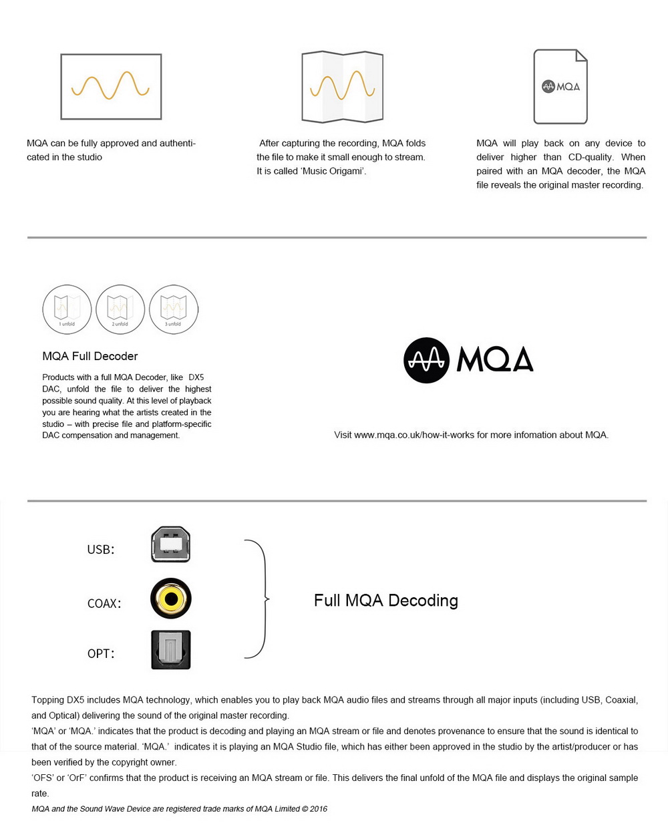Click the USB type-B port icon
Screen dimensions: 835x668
(x=171, y=544)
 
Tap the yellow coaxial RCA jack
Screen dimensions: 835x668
(x=171, y=598)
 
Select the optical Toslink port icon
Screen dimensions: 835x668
(x=171, y=650)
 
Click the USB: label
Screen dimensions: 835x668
(x=101, y=550)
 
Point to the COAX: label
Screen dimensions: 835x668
(x=104, y=603)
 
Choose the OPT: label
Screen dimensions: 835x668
(x=101, y=654)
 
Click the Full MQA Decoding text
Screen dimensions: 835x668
(x=385, y=601)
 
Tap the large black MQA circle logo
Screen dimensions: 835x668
(x=426, y=361)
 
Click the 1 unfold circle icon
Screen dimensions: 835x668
(x=67, y=309)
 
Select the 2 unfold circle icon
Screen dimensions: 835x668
(x=120, y=309)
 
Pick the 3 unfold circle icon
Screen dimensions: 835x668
(x=174, y=309)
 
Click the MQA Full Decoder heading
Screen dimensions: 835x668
(x=90, y=356)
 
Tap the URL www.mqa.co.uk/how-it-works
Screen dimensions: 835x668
(x=421, y=435)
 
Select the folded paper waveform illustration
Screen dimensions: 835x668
(x=342, y=87)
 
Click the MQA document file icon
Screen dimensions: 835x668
(x=560, y=87)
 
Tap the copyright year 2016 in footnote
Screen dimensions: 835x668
(x=319, y=809)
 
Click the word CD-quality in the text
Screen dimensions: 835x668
(x=591, y=157)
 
